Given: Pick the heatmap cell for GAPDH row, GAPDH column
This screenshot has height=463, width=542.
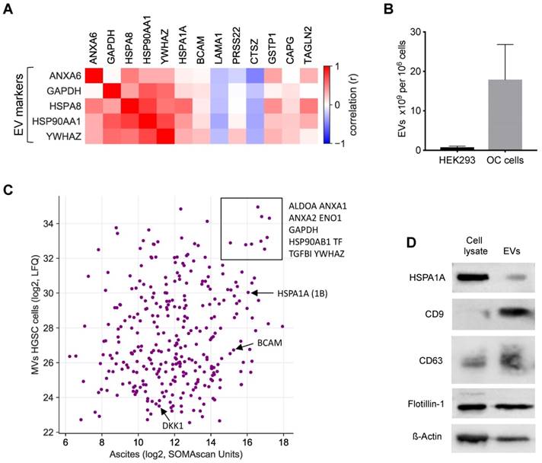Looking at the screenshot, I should point(115,93).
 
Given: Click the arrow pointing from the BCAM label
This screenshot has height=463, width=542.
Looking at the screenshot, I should point(247,345).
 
